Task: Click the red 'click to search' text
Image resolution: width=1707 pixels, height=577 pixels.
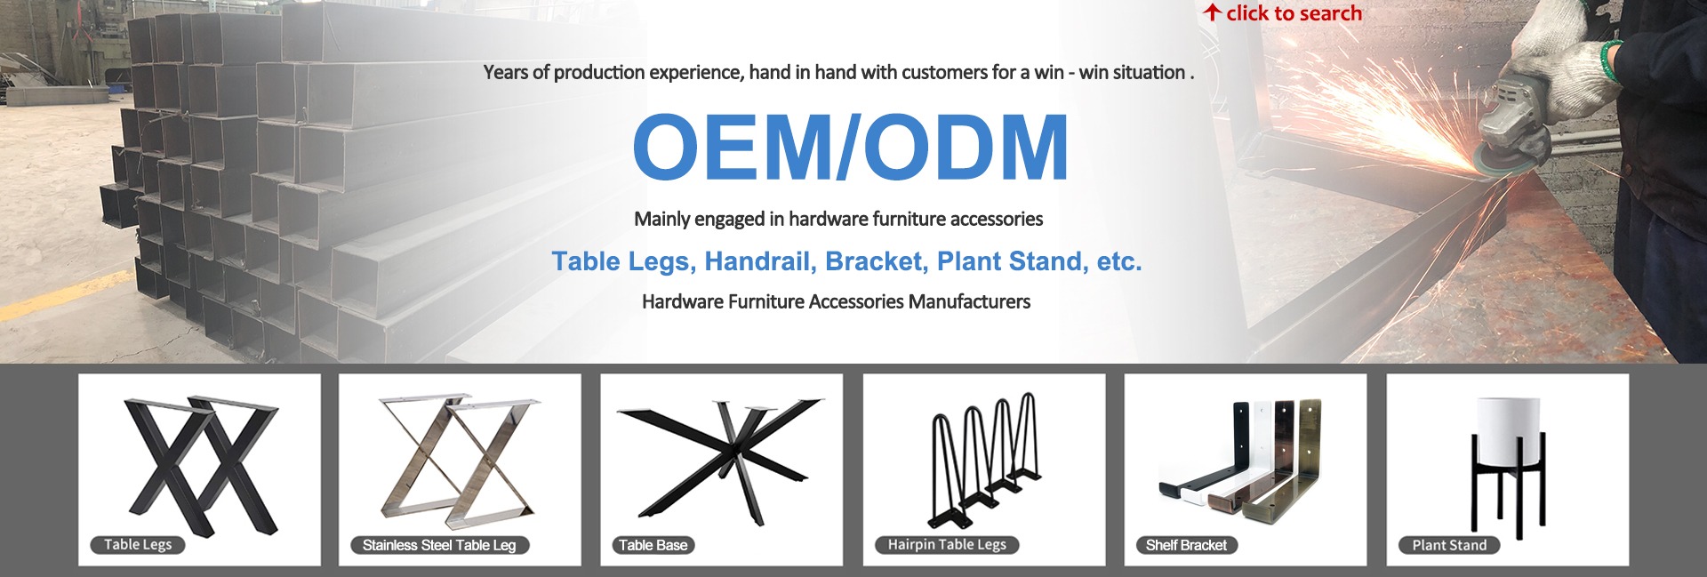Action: click(1294, 13)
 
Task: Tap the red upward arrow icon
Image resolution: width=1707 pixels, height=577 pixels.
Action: click(1213, 12)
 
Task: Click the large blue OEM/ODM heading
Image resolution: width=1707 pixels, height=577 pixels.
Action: click(851, 148)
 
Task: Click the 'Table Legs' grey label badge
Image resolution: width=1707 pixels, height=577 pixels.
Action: click(138, 545)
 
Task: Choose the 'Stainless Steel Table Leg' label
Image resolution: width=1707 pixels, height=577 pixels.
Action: click(439, 545)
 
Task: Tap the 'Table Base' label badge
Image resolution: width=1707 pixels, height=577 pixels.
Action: click(653, 545)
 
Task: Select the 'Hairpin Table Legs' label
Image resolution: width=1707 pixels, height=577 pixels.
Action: click(947, 545)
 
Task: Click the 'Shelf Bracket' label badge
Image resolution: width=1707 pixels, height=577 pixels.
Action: click(1186, 545)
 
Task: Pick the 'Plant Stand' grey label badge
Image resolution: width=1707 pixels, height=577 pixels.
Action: click(1449, 545)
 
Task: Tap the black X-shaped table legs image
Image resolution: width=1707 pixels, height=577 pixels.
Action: click(201, 465)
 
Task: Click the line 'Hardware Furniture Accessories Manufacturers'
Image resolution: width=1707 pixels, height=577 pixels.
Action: click(836, 302)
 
